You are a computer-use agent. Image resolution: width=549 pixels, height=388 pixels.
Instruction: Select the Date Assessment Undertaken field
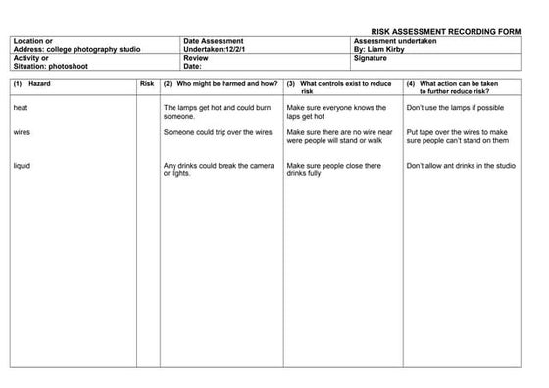coord(221,46)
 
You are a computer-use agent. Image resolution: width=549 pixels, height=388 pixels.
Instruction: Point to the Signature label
coord(370,59)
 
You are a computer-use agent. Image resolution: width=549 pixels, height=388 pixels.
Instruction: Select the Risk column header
coord(147,84)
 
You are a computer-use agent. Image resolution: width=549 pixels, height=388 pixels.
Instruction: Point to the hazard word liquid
coord(23,166)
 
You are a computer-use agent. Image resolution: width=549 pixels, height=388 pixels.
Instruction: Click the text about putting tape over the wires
coord(457,135)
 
